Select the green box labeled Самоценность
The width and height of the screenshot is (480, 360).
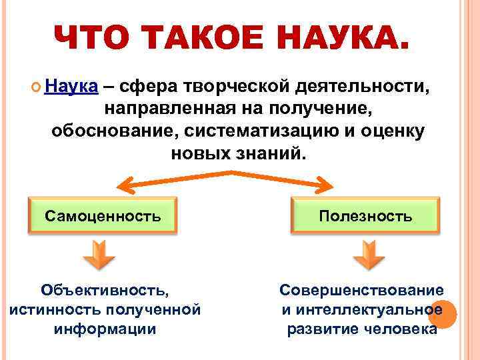click(x=103, y=215)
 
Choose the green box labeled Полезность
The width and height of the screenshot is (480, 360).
click(x=365, y=215)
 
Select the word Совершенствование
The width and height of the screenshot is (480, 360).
click(x=361, y=290)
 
